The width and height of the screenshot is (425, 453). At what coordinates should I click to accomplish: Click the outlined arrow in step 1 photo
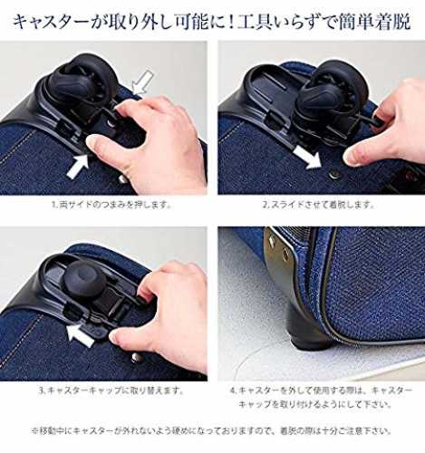click(x=141, y=82)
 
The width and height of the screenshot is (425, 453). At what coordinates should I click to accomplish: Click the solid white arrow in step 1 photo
click(x=77, y=166)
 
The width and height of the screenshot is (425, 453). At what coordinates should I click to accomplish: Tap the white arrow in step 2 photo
click(x=307, y=156)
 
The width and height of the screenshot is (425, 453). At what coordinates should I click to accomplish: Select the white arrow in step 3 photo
click(x=80, y=334)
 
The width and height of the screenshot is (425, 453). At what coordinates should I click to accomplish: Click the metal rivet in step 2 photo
click(x=334, y=173)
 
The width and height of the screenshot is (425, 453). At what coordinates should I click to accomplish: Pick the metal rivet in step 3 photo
click(x=137, y=358)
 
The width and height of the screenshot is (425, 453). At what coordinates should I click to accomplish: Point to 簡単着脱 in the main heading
click(x=374, y=22)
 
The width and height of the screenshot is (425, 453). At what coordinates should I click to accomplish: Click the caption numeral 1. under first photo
click(x=54, y=206)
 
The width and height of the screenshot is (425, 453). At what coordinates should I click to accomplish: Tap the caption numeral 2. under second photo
click(x=266, y=206)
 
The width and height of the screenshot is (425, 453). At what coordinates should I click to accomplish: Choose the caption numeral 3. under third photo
click(x=43, y=390)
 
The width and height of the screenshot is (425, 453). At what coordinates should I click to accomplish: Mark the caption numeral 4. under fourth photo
click(x=233, y=390)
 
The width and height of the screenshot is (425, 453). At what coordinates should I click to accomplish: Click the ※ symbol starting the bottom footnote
click(x=35, y=430)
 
